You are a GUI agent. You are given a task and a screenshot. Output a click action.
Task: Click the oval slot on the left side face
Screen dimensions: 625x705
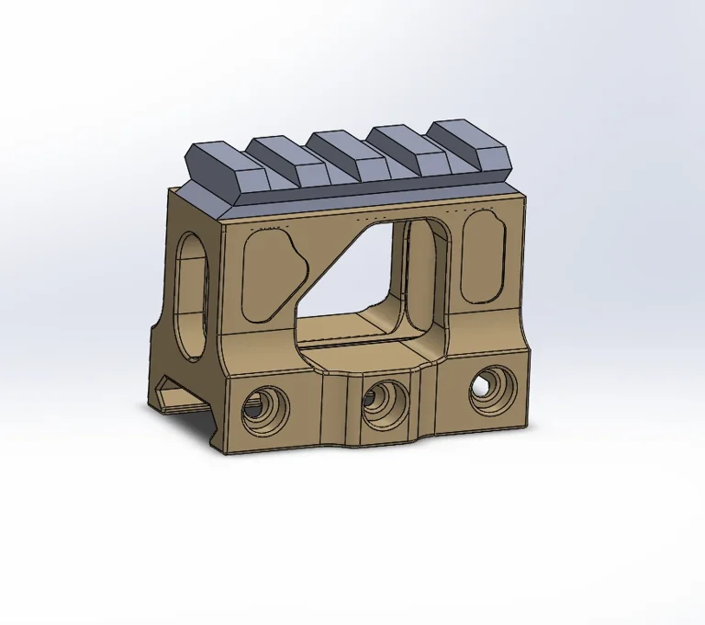click(193, 296)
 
